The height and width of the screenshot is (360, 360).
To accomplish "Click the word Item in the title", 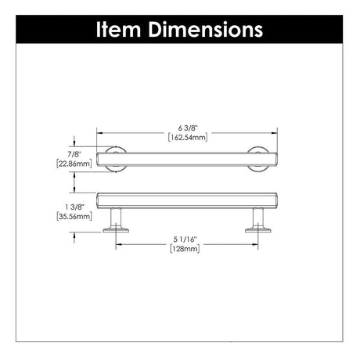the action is tap(118, 29).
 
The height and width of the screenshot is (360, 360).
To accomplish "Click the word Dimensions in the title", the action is tap(206, 29).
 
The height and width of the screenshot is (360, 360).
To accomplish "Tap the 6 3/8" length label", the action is tap(188, 128).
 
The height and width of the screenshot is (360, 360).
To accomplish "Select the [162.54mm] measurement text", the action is tap(188, 137).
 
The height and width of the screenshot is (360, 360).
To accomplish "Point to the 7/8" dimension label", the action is tap(74, 154).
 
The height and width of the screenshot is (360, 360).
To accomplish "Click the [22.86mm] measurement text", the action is tap(74, 164).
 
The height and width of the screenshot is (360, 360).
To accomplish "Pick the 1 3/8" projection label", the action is tap(74, 207).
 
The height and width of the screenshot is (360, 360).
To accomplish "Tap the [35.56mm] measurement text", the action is tap(74, 216).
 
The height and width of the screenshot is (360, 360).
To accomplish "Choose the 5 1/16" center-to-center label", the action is tap(185, 239).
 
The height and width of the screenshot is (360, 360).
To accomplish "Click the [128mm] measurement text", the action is tap(185, 249).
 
